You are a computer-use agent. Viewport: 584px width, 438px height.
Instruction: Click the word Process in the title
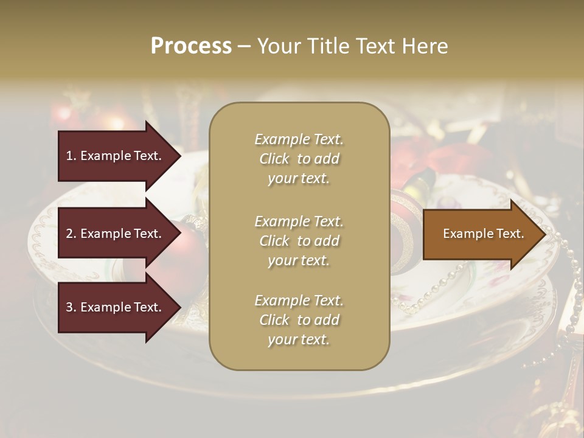191,46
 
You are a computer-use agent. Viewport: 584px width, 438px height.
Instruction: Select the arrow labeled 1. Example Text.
116,156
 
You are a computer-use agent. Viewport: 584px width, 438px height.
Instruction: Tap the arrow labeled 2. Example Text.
116,234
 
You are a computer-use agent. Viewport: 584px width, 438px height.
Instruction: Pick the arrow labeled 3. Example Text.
116,308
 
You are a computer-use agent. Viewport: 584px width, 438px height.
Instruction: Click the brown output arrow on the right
481,234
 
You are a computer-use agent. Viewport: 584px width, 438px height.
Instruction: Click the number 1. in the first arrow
71,156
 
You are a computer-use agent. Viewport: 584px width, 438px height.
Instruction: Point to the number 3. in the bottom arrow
71,308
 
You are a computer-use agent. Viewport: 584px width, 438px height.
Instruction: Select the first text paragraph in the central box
299,159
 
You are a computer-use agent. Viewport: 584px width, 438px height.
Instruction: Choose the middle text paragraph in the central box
299,241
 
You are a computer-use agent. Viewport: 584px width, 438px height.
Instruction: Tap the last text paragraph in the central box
299,320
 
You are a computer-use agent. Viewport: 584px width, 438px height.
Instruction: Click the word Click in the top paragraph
274,159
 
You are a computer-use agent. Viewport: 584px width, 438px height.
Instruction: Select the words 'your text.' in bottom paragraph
299,340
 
